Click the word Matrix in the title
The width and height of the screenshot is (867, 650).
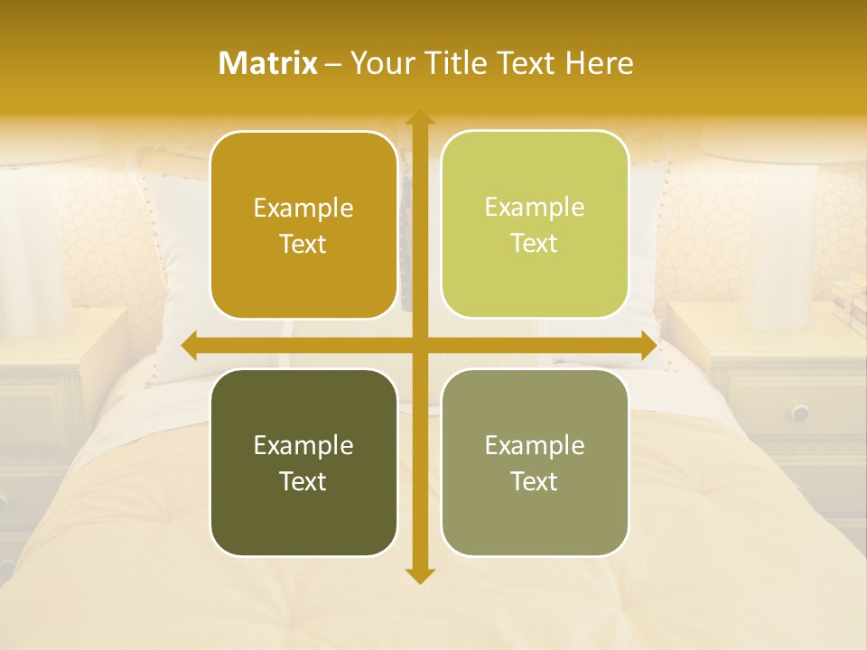tap(268, 63)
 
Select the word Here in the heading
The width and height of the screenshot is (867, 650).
tap(599, 63)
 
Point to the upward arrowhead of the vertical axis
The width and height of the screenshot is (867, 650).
tap(420, 118)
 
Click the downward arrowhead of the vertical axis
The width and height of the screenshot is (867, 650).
tap(420, 575)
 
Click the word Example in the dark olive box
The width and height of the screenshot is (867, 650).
tap(303, 446)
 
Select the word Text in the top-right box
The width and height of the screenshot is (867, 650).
tap(535, 244)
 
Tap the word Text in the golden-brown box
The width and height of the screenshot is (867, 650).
tap(303, 245)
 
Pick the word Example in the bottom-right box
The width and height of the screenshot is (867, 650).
tap(535, 446)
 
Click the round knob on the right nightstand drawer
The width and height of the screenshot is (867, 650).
tap(799, 413)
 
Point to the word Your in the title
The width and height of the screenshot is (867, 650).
tap(378, 63)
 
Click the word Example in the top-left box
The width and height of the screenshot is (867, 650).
tap(303, 209)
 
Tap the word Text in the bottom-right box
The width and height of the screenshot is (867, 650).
tap(535, 482)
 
